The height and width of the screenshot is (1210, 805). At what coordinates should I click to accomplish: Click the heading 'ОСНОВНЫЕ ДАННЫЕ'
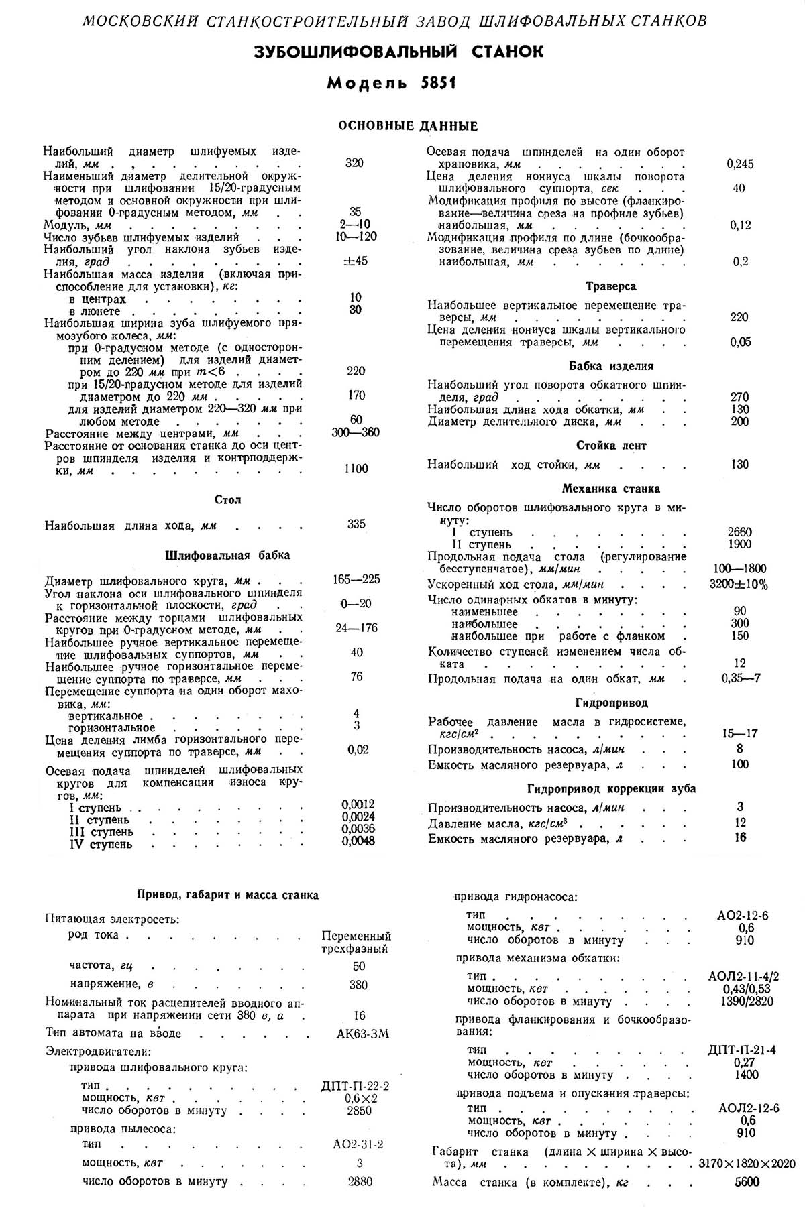[408, 126]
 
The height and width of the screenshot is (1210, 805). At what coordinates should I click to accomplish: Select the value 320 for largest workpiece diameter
[354, 163]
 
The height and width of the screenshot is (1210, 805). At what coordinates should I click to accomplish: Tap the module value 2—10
[355, 225]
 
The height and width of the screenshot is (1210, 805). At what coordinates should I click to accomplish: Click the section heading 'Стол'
[228, 500]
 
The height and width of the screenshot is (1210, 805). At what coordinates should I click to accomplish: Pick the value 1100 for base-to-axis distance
[355, 468]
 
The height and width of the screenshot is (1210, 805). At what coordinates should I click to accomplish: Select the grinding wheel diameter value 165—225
[356, 579]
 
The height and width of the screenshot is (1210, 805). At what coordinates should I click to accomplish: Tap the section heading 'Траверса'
[610, 286]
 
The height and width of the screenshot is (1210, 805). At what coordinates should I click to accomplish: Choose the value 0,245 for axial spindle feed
[740, 164]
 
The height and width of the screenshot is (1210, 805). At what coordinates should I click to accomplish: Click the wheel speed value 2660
[739, 532]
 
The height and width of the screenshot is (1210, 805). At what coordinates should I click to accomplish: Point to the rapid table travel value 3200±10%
[739, 584]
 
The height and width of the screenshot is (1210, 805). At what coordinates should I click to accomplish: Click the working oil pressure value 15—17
[740, 733]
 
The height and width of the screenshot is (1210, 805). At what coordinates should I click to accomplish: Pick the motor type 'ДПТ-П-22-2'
[356, 1086]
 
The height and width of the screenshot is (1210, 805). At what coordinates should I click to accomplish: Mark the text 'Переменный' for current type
[356, 936]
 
